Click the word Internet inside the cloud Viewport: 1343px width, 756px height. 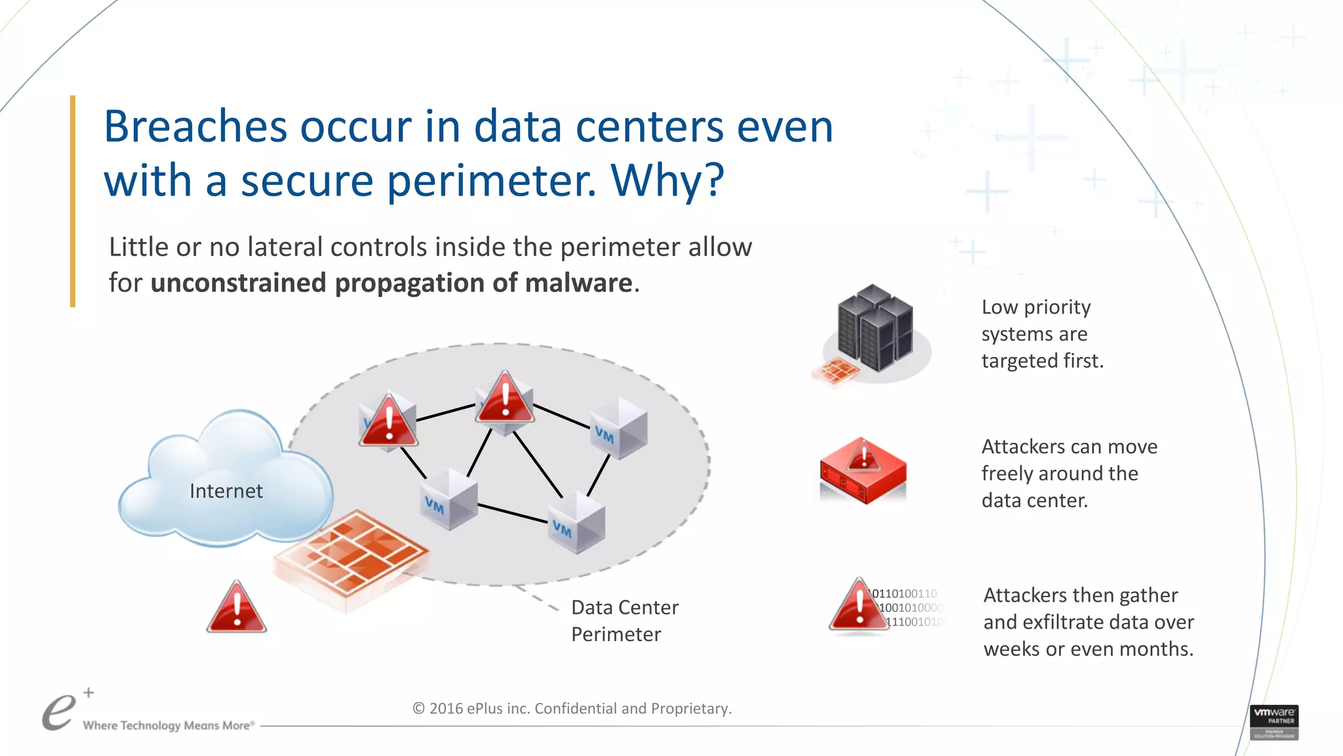click(x=226, y=491)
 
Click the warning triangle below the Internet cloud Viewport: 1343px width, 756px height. click(x=236, y=608)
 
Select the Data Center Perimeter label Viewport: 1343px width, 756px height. click(x=624, y=621)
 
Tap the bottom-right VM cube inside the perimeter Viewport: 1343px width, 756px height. click(x=576, y=523)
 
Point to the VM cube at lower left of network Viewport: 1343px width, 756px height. click(x=449, y=499)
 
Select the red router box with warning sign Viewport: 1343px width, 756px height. click(x=863, y=471)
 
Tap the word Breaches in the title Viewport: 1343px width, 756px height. click(x=195, y=127)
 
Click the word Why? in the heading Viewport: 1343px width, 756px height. click(x=667, y=180)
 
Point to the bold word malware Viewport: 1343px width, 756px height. click(x=578, y=283)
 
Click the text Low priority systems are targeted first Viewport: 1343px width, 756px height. click(x=1042, y=334)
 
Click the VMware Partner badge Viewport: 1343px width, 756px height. click(x=1273, y=722)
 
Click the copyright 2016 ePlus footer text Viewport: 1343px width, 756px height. click(x=572, y=709)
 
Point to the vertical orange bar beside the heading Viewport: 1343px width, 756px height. click(x=73, y=201)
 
